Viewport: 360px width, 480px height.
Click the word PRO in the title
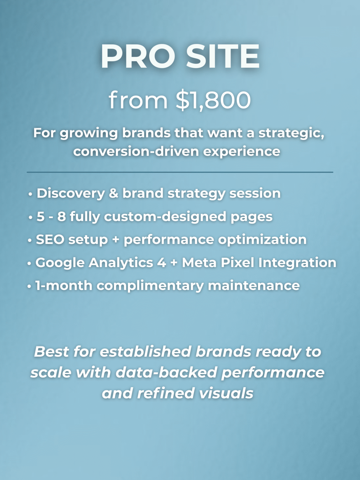pyautogui.click(x=138, y=56)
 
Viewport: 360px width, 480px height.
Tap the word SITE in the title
pyautogui.click(x=223, y=56)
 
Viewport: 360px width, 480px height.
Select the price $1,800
pyautogui.click(x=213, y=100)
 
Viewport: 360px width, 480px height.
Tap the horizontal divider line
pyautogui.click(x=180, y=172)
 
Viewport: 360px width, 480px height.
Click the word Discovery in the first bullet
pyautogui.click(x=71, y=193)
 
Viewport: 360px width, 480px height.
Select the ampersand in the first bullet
pyautogui.click(x=113, y=193)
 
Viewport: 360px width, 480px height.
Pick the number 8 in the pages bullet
pyautogui.click(x=62, y=217)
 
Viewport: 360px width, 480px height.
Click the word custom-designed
pyautogui.click(x=165, y=217)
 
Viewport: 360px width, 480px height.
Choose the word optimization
pyautogui.click(x=262, y=240)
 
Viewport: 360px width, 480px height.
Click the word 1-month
pyautogui.click(x=63, y=286)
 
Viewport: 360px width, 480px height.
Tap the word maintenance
pyautogui.click(x=254, y=286)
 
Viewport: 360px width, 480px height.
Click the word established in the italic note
pyautogui.click(x=145, y=352)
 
